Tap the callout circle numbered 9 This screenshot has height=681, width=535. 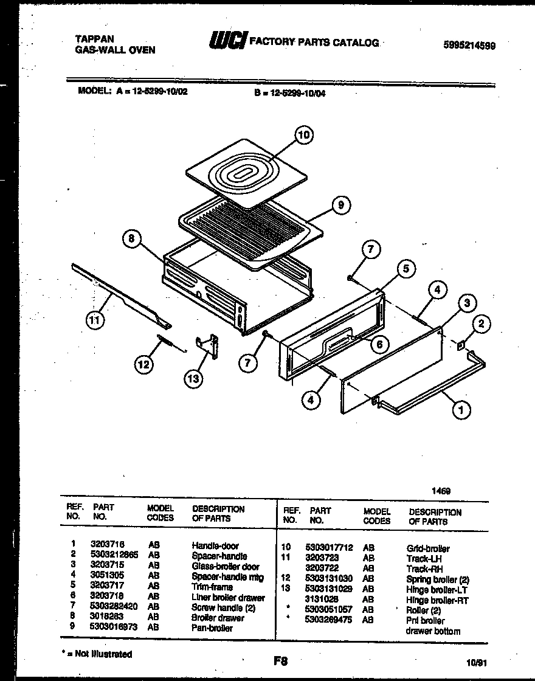point(341,206)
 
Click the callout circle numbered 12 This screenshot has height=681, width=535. point(143,365)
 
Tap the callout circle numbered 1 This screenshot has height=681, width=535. point(461,411)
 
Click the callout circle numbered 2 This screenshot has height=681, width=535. point(481,324)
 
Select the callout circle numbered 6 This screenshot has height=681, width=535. point(379,344)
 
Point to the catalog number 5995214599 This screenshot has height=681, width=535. point(469,44)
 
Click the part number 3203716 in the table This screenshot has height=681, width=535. point(103,546)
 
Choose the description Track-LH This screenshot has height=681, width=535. point(424,558)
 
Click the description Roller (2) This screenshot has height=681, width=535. point(424,610)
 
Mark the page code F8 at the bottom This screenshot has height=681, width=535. point(280,661)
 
